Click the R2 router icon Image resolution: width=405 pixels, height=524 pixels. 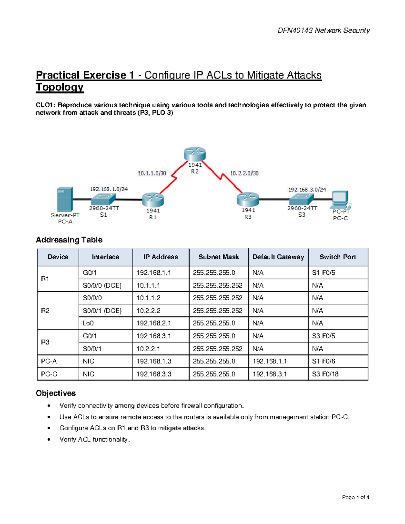195,154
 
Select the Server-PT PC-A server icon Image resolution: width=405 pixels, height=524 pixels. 65,199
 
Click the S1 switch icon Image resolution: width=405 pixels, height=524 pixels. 103,199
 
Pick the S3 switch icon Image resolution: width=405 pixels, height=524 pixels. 301,199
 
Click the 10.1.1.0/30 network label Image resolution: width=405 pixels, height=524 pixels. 152,173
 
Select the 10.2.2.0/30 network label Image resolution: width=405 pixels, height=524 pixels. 244,173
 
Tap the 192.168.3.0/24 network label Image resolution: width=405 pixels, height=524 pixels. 307,190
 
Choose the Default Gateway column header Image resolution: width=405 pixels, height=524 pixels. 278,257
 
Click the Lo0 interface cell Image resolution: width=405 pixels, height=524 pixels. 88,323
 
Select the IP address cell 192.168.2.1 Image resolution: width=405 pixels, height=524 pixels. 154,323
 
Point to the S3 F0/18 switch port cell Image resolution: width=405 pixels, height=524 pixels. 325,374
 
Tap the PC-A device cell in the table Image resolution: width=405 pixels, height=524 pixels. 49,361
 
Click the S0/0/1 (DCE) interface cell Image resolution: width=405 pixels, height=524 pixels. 102,311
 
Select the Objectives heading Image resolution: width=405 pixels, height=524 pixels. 56,393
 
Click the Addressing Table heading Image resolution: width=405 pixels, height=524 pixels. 69,240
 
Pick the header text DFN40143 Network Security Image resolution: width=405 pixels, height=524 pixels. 323,31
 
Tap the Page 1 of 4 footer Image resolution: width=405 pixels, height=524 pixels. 355,497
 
